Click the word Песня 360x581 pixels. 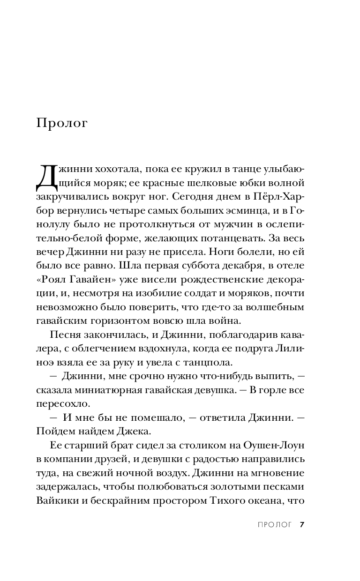pos(61,335)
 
